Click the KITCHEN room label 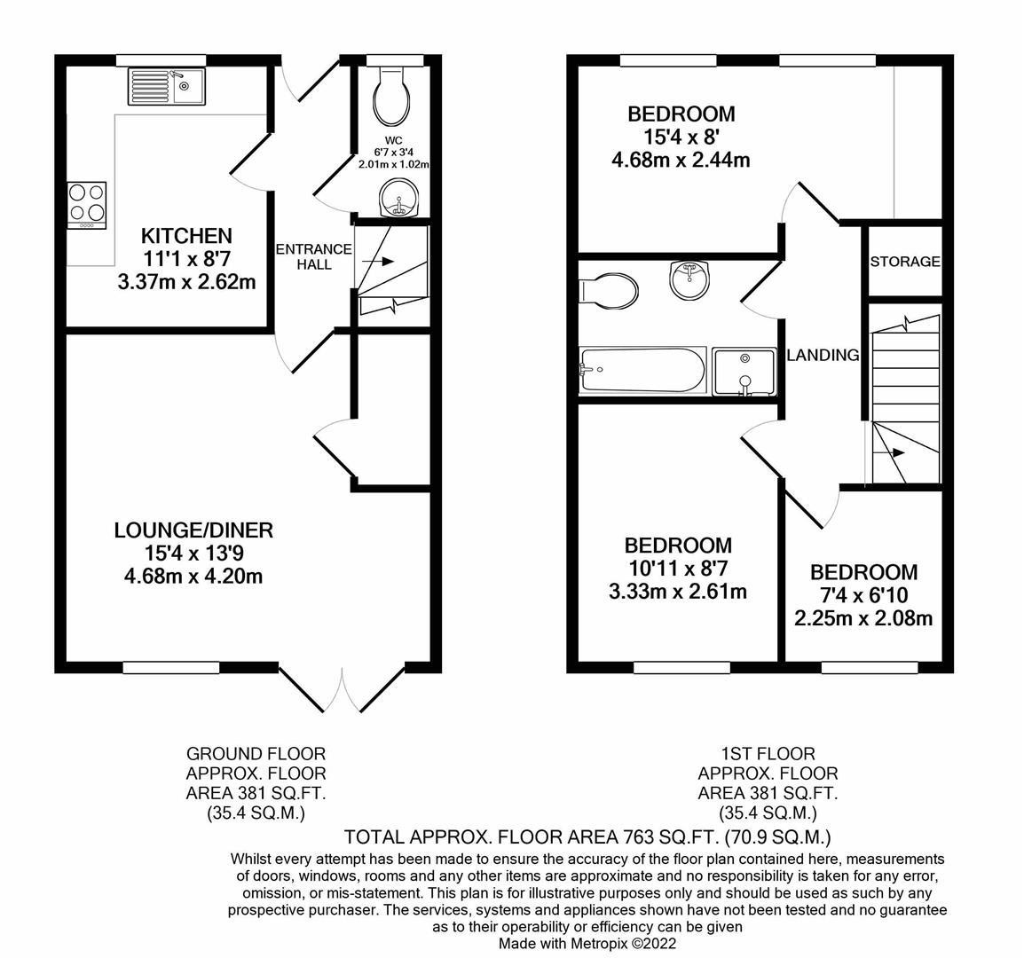[186, 236]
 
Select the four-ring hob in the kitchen [87, 205]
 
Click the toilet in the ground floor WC [391, 98]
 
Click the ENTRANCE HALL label [314, 256]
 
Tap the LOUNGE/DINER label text [193, 530]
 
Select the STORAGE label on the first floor [904, 262]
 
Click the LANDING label [823, 355]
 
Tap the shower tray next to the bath [744, 371]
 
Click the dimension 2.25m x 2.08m [863, 618]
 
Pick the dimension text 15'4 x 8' [681, 137]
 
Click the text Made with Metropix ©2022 [587, 944]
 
